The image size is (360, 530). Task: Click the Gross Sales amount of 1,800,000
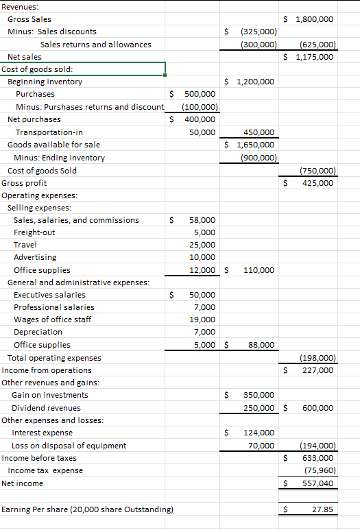314,19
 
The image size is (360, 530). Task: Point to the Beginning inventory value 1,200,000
255,82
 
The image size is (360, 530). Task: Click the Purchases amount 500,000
200,94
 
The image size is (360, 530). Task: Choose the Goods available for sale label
53,145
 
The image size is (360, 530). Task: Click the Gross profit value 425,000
317,183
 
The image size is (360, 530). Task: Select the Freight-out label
34,232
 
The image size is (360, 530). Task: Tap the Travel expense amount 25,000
202,245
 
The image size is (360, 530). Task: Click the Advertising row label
35,257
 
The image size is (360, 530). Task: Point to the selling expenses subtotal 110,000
259,270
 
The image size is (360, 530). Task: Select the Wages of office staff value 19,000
202,320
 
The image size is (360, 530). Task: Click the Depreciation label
38,332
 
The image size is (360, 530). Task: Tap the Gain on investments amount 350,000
259,395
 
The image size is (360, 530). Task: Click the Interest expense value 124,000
259,433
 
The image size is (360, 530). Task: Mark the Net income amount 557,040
317,483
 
